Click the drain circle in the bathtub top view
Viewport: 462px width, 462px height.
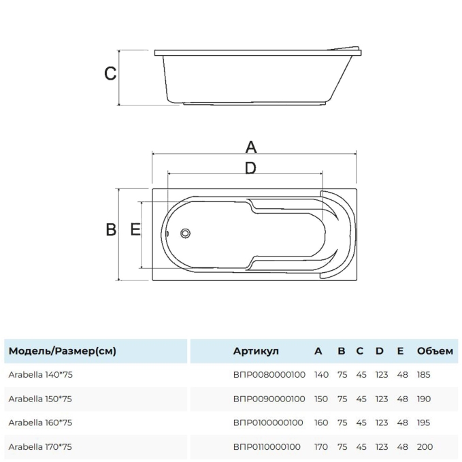(185, 233)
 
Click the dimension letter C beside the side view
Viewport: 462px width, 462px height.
(110, 73)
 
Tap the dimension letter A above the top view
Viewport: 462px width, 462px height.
(251, 147)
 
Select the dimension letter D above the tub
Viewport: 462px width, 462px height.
(250, 168)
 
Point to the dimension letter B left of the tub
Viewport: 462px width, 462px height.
(111, 229)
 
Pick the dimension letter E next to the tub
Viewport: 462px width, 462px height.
(135, 229)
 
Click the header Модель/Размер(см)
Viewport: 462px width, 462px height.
(63, 351)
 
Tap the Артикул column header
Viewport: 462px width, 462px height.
(256, 351)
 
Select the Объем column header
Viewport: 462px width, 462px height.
(435, 351)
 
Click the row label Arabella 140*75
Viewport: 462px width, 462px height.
(40, 375)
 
